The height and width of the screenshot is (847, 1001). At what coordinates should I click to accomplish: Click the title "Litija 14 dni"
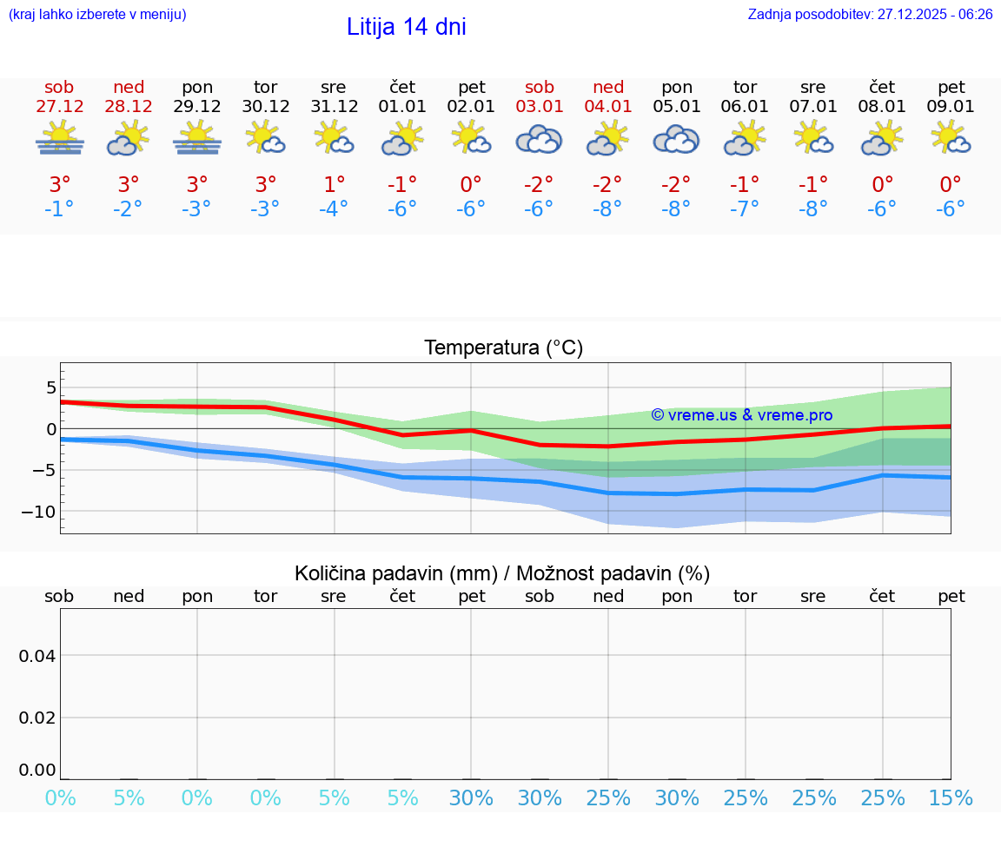click(x=406, y=27)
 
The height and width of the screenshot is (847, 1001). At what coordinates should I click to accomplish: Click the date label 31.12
click(x=334, y=107)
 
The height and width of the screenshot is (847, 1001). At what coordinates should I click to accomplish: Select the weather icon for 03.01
click(x=539, y=139)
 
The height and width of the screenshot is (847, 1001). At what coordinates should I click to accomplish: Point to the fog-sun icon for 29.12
click(x=197, y=139)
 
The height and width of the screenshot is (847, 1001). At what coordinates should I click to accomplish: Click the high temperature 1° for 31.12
click(x=334, y=185)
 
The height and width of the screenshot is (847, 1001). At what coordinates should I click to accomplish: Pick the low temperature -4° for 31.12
click(x=334, y=209)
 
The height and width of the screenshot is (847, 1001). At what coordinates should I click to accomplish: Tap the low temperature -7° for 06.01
click(x=745, y=209)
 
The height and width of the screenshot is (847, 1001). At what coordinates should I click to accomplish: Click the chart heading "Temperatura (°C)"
click(x=503, y=348)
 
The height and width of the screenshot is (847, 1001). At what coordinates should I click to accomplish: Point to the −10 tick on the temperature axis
click(x=38, y=512)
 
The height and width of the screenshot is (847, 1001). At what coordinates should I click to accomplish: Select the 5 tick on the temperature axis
click(x=50, y=387)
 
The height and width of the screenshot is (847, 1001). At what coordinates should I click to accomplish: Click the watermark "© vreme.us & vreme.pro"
click(x=741, y=415)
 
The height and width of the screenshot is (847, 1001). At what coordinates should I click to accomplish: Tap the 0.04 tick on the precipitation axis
click(x=37, y=656)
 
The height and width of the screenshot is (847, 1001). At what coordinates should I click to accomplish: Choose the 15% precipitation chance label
click(x=951, y=798)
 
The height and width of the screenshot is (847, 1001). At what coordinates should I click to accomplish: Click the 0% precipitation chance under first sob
click(x=60, y=798)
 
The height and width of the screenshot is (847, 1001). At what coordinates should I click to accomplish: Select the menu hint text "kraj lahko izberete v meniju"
click(x=96, y=14)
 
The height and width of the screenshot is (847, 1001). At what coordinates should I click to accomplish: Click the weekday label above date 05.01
click(x=677, y=88)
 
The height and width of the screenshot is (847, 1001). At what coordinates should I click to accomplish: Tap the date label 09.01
click(x=951, y=107)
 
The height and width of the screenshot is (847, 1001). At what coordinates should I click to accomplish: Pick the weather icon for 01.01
click(x=402, y=139)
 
